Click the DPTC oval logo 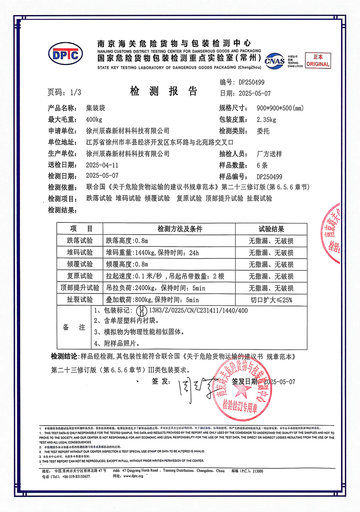65,55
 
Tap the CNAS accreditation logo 274,61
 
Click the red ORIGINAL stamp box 318,61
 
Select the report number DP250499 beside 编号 251,82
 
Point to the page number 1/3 75,92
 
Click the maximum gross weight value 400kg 94,120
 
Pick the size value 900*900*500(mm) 280,108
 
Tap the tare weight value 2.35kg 266,120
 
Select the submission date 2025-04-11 102,165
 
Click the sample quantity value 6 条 262,165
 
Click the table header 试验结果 271,229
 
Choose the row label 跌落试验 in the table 80,240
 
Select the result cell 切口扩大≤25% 271,300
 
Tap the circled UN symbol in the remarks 142,311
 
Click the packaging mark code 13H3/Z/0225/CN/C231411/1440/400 198,310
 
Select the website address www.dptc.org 133,476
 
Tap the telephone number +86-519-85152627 76,476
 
